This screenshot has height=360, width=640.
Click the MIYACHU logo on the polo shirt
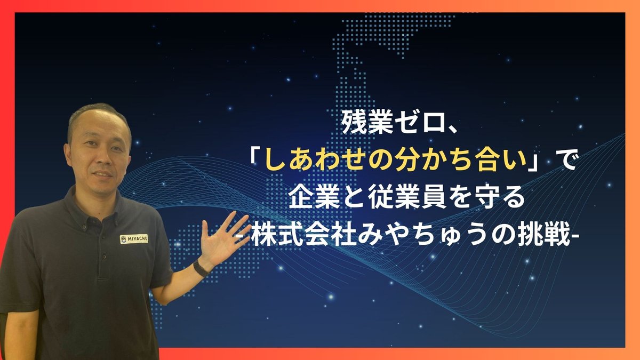[134, 238]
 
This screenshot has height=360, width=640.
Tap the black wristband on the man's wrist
[201, 268]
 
